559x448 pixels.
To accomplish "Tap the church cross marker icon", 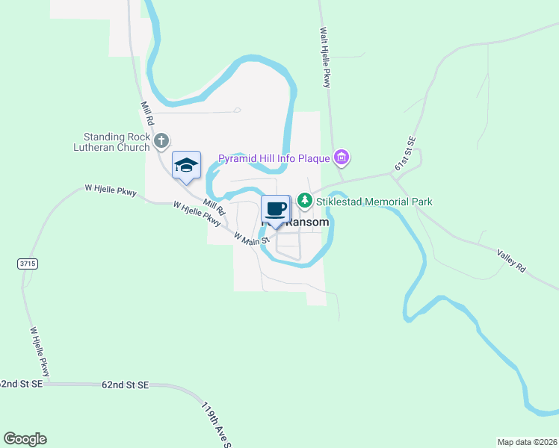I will [x=161, y=140].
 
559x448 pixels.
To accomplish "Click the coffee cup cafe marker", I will [x=275, y=208].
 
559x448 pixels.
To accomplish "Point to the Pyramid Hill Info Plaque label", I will [x=274, y=158].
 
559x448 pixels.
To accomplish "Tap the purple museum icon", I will [x=342, y=158].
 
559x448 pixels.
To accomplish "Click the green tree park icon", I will [x=304, y=201].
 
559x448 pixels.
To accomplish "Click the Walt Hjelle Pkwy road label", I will [x=325, y=58].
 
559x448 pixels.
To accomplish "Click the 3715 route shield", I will [x=27, y=264].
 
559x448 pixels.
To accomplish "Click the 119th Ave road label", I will [x=214, y=424].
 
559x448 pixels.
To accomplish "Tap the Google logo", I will [x=25, y=439].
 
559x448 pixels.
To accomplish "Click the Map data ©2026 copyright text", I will [x=527, y=442].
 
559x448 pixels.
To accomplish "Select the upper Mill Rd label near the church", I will [x=147, y=113].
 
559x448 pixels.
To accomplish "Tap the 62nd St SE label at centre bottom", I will [x=126, y=385].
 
